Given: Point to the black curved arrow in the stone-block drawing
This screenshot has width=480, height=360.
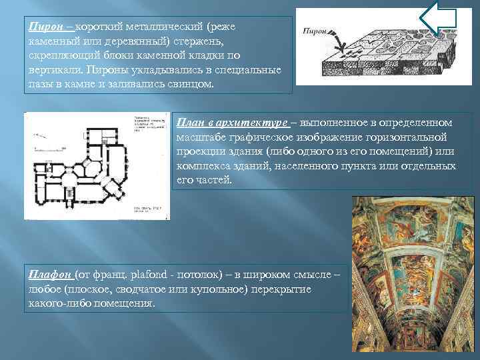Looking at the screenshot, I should tap(337, 44).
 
